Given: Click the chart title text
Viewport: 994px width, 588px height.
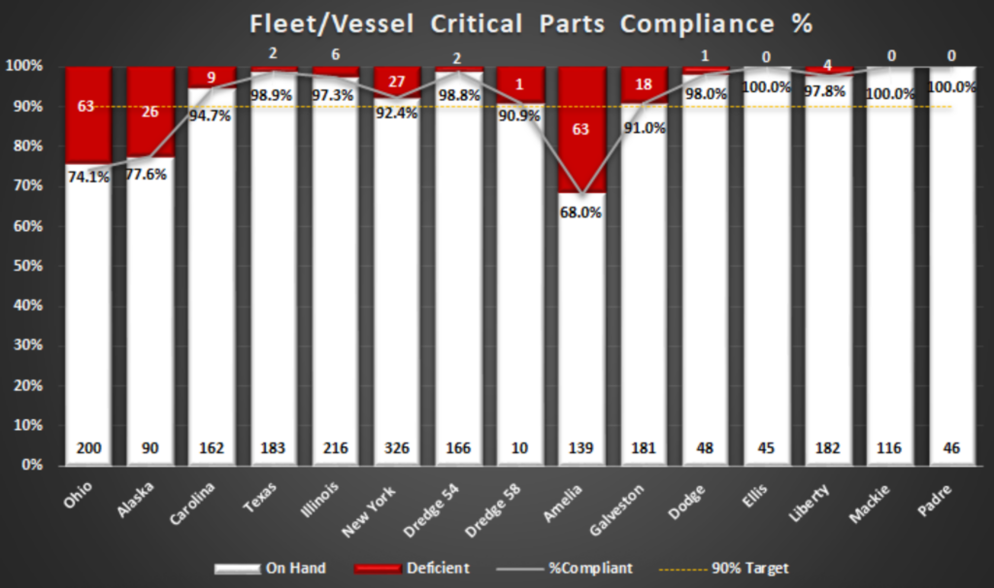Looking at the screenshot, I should coord(530,24).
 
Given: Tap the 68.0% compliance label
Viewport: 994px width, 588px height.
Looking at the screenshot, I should coord(580,212).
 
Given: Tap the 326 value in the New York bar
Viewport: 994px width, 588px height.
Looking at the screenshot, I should coord(397,448).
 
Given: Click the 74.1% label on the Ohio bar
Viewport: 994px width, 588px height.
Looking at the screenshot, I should coord(88,177).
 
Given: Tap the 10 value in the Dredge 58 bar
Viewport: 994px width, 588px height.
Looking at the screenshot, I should coord(520,448).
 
